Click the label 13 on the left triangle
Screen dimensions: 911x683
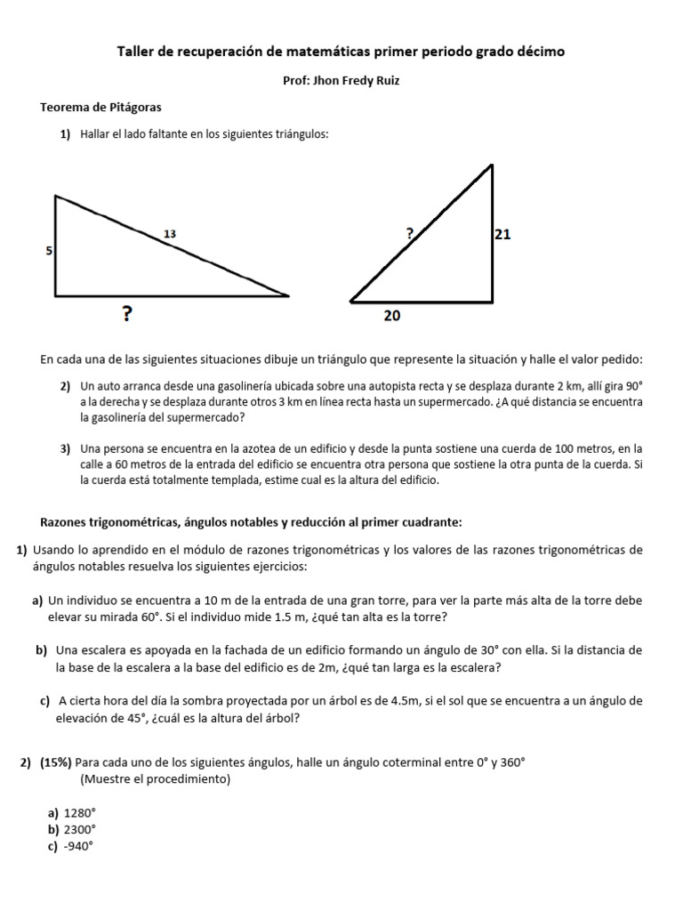click(170, 233)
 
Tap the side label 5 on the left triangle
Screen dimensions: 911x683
click(48, 252)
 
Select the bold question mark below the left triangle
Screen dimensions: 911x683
click(128, 313)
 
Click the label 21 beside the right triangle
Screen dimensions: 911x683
click(502, 235)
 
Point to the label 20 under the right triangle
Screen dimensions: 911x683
click(392, 314)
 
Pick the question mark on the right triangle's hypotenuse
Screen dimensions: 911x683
click(409, 233)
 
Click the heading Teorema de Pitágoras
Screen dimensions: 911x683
click(100, 107)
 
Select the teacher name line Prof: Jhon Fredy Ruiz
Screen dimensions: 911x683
click(341, 80)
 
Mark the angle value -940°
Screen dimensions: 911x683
click(78, 847)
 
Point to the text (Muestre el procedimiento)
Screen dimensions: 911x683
click(155, 779)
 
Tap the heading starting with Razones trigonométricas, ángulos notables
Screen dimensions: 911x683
click(251, 521)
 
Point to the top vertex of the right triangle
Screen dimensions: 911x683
click(492, 165)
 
